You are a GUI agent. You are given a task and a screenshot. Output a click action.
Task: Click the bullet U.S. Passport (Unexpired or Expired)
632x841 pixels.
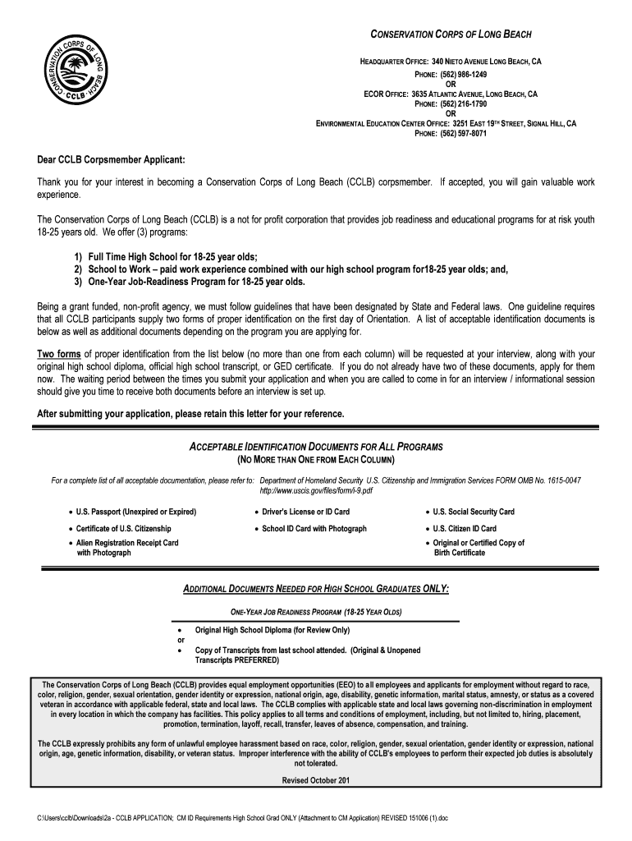[136, 512]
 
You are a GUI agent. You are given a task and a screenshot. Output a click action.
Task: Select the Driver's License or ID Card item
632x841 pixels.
[305, 512]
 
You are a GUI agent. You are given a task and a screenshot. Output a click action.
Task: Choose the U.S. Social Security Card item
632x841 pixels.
[474, 512]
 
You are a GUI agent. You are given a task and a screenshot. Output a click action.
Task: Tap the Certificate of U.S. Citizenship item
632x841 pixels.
[124, 529]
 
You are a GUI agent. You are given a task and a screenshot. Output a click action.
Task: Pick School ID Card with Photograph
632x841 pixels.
[314, 529]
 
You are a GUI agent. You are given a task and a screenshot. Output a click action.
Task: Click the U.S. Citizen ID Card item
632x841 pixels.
[465, 529]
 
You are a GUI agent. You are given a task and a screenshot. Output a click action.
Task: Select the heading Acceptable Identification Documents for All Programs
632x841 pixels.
[316, 446]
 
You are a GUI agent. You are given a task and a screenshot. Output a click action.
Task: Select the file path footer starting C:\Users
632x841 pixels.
[236, 820]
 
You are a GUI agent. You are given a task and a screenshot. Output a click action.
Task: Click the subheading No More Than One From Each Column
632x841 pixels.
[316, 459]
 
